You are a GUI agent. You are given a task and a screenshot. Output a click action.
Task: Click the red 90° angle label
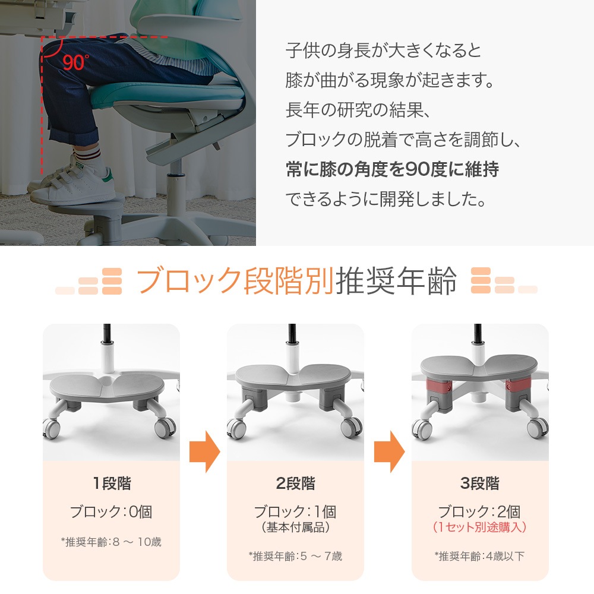click(76, 62)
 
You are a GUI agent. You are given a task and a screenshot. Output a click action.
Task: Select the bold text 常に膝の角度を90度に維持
click(392, 169)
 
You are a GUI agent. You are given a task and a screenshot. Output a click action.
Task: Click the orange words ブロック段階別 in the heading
click(235, 280)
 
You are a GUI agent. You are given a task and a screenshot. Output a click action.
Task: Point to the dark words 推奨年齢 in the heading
click(396, 280)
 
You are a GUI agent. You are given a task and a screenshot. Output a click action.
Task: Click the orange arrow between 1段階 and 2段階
click(204, 451)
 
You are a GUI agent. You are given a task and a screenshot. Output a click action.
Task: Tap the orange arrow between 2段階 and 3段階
click(390, 451)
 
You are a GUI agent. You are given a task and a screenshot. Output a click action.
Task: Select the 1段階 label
click(112, 484)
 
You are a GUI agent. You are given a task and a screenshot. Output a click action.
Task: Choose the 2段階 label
click(295, 484)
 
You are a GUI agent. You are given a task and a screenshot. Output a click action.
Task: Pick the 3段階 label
click(480, 484)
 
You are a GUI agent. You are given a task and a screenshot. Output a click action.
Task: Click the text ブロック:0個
click(112, 512)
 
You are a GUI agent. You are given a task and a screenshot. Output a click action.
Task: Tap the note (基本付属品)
click(295, 527)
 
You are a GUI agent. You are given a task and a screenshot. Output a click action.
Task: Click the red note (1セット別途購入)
click(480, 527)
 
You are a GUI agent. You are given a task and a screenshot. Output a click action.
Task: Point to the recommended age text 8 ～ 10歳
click(137, 542)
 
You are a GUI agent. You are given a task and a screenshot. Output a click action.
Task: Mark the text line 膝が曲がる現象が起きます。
click(390, 80)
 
